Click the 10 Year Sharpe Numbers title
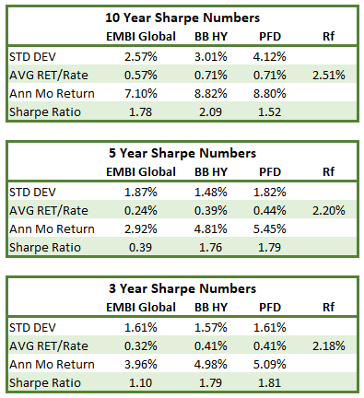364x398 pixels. (182, 18)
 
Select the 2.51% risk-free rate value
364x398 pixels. (329, 76)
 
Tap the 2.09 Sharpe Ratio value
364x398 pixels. (210, 112)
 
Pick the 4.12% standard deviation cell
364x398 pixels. (269, 57)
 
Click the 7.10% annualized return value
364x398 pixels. (141, 94)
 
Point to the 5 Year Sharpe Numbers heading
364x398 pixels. (182, 153)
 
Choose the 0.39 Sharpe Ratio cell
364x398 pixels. (140, 248)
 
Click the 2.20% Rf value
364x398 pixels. (329, 211)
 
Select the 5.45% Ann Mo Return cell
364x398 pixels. (269, 229)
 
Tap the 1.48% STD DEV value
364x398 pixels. (211, 193)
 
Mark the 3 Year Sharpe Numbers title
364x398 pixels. (182, 288)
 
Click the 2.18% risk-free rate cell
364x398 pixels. (329, 346)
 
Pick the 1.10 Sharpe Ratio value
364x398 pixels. (140, 383)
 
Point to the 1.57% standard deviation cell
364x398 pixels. (211, 328)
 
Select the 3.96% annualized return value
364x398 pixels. (141, 365)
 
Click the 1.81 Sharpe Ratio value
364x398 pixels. (269, 383)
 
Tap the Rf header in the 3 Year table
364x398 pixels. (328, 308)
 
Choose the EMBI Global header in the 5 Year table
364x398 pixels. (141, 172)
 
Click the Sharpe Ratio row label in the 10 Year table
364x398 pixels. (45, 112)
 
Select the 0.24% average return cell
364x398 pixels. (141, 211)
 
